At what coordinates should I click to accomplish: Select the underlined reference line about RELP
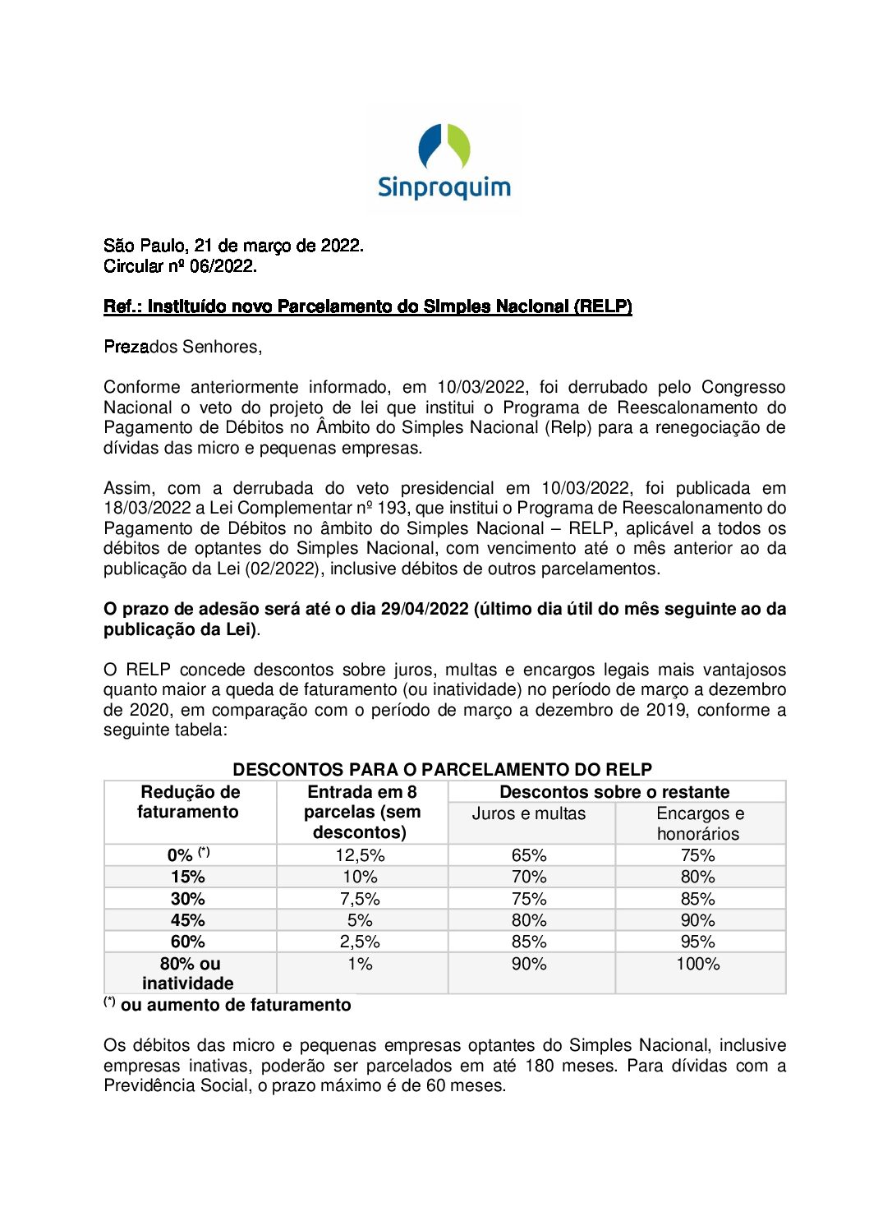coord(367,306)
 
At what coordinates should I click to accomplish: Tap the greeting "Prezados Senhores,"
coord(182,347)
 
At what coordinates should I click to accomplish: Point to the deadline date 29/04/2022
coord(425,609)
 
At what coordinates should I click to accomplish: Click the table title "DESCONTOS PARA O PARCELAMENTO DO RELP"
coord(442,770)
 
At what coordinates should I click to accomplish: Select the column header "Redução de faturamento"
coord(190,802)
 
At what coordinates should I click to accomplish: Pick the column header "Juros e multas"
coord(529,813)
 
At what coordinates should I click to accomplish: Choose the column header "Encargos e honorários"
coord(699,823)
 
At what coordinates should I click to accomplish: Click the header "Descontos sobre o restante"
coord(614,792)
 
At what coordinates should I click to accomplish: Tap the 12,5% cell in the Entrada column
coord(360,855)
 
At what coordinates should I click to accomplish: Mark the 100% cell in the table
coord(697,964)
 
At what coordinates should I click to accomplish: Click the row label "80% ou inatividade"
coord(189,974)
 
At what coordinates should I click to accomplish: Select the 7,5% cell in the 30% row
coord(360,899)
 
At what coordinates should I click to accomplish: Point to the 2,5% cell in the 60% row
coord(360,942)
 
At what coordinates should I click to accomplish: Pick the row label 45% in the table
coord(188,920)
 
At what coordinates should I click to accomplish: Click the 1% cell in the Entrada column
coord(360,964)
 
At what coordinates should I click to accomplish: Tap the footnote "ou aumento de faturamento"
coord(236,1005)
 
